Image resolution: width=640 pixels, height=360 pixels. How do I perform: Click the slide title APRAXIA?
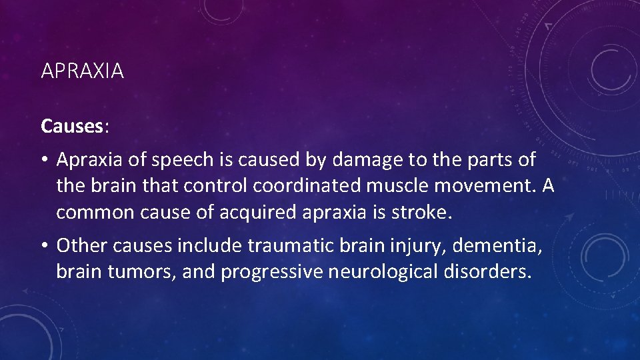82,71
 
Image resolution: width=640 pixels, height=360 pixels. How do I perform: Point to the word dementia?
497,246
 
